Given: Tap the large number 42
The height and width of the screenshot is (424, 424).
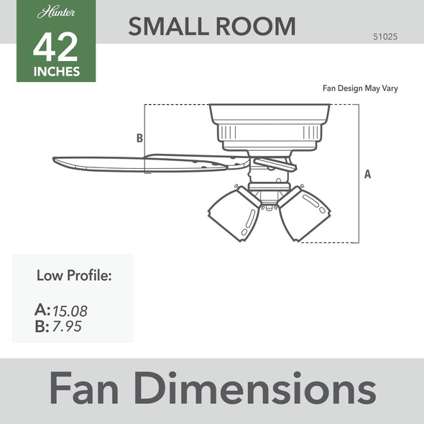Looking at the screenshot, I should (56, 49).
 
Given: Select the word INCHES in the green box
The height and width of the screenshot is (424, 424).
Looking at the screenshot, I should (56, 72).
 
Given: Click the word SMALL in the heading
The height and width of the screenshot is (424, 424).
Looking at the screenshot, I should (166, 26).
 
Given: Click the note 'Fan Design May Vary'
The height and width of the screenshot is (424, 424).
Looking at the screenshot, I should (360, 88).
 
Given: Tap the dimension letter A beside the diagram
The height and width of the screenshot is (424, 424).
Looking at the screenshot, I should (368, 174).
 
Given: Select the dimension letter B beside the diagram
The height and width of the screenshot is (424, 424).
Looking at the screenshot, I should (140, 138).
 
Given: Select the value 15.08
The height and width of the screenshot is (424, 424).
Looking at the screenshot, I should (70, 311).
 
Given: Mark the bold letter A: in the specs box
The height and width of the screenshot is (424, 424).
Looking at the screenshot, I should (42, 310).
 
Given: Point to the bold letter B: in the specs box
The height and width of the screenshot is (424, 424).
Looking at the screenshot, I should (42, 328).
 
